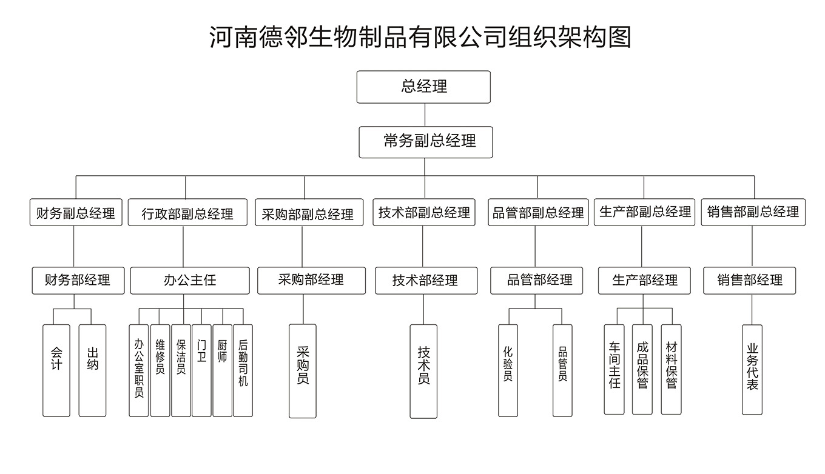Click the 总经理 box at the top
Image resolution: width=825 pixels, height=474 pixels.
(x=423, y=87)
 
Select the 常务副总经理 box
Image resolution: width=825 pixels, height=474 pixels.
(x=425, y=142)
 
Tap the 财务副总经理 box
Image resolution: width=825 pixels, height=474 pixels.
(x=76, y=213)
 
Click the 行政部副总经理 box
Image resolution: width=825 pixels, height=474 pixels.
(x=187, y=213)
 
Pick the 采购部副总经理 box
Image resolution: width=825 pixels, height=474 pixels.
(x=308, y=213)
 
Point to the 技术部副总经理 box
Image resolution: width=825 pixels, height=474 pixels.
(x=424, y=213)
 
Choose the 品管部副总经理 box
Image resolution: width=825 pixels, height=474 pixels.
(x=538, y=213)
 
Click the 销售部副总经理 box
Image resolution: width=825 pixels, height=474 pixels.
(x=753, y=213)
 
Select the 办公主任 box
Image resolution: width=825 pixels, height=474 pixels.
(x=190, y=281)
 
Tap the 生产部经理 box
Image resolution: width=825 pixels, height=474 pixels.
(x=644, y=281)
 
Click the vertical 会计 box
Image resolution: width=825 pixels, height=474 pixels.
(x=56, y=370)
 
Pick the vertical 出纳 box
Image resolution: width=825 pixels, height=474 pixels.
(x=92, y=370)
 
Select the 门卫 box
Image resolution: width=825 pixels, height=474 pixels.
(x=201, y=370)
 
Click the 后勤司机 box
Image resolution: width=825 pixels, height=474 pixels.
(x=243, y=370)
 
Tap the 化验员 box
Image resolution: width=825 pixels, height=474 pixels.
(x=508, y=370)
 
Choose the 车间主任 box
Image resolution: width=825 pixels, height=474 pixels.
(x=614, y=369)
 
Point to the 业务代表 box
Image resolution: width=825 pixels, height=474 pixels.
(x=752, y=369)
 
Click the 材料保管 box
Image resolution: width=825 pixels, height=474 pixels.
(x=671, y=369)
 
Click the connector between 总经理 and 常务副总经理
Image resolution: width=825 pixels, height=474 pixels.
(x=425, y=115)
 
